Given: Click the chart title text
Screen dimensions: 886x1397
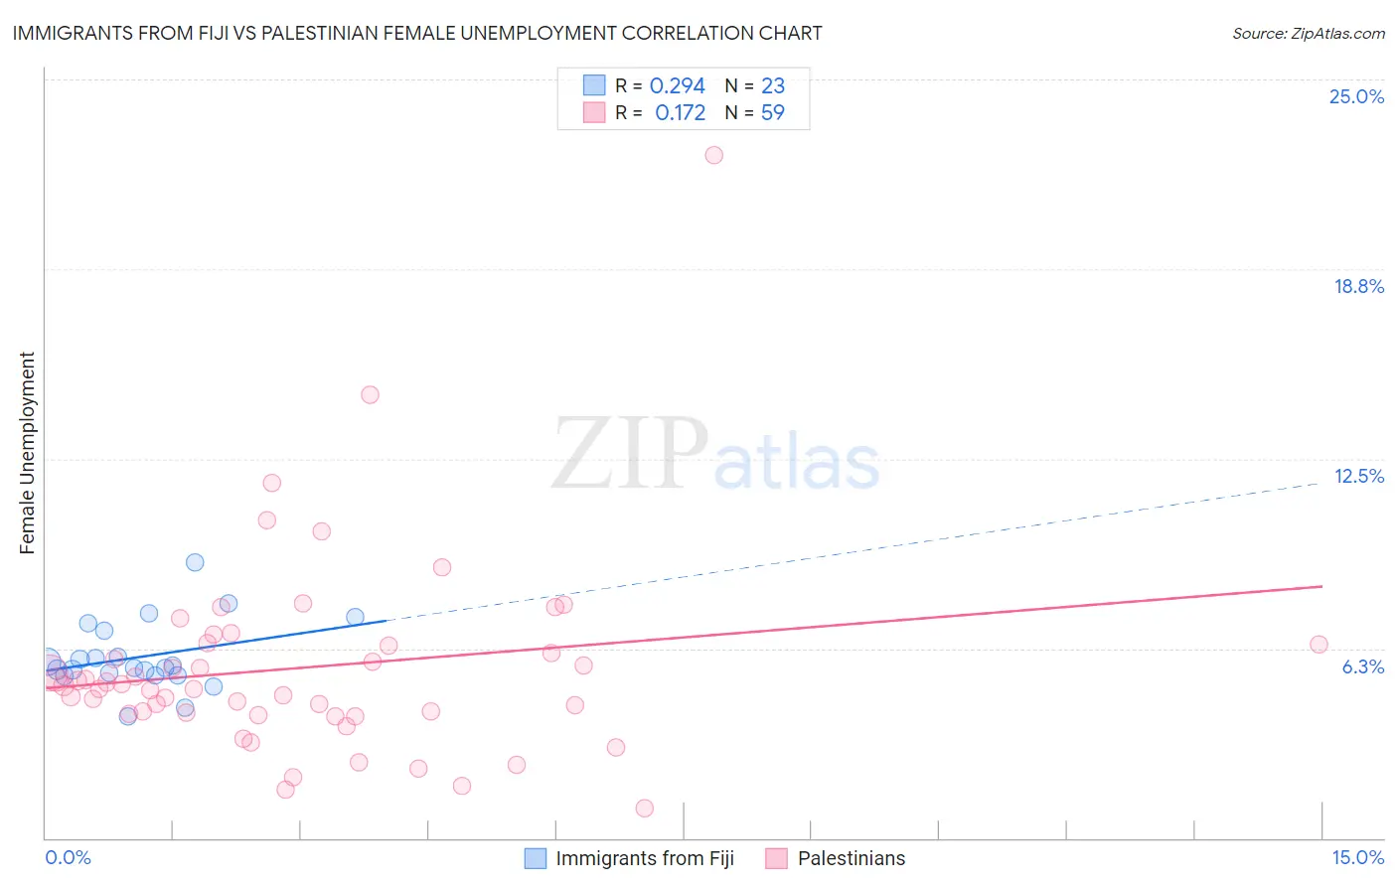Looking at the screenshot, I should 417,33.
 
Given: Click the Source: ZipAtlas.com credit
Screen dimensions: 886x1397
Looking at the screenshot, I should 1308,34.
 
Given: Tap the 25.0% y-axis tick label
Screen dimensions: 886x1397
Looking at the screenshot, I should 1356,96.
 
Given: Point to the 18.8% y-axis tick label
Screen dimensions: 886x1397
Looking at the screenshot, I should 1358,286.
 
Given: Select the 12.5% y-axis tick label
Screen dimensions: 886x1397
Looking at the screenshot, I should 1358,476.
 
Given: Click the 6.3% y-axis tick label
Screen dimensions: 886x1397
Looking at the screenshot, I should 1362,666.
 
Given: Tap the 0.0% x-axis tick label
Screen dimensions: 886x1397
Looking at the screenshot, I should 68,857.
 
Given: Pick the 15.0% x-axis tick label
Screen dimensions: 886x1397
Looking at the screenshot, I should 1357,857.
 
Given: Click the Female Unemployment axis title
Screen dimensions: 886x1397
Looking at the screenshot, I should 27,453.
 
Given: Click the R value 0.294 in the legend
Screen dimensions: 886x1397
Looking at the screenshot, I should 677,86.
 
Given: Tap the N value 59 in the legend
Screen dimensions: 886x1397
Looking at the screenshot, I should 772,113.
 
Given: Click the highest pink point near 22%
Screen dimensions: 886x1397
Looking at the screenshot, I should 713,155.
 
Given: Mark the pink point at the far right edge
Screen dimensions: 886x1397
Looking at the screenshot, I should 1319,645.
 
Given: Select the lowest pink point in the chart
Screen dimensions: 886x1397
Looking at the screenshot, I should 644,809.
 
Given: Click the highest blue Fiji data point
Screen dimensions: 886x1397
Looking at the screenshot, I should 195,562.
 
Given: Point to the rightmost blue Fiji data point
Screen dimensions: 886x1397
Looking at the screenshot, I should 355,617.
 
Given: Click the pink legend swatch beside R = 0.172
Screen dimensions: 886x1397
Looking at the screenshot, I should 594,112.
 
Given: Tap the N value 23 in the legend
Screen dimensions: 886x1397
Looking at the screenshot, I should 772,86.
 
